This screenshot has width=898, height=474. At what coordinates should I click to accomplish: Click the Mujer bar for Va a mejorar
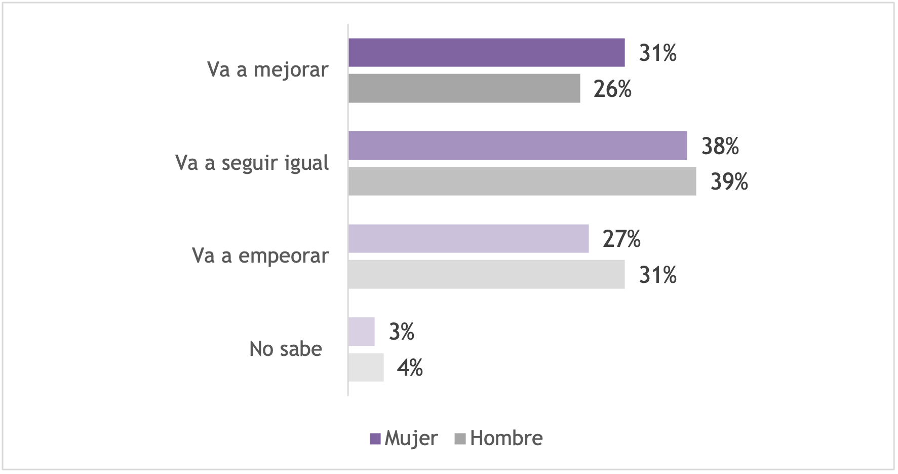[x=486, y=53]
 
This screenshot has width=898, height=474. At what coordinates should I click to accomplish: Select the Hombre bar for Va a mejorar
[x=464, y=88]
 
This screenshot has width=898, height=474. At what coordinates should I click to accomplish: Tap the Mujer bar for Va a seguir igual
[x=518, y=145]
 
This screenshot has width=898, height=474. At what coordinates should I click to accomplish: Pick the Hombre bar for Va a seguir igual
[x=522, y=181]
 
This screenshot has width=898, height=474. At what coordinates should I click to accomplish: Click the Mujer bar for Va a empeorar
[x=468, y=238]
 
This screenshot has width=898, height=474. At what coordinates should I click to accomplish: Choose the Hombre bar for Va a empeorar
[x=486, y=274]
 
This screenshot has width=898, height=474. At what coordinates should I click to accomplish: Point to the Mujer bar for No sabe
[x=361, y=332]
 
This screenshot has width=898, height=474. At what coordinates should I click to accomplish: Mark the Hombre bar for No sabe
[x=366, y=368]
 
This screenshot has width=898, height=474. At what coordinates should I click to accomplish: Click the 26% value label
[x=612, y=89]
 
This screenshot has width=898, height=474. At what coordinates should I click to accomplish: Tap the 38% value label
[x=720, y=146]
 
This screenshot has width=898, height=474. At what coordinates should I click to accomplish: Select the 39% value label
[x=729, y=181]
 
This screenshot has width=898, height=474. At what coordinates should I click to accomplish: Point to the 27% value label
[x=621, y=239]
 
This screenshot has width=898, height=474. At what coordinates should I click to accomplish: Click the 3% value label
[x=401, y=332]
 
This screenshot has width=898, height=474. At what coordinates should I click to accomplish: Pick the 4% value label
[x=410, y=368]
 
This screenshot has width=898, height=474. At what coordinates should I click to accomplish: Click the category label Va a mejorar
[x=267, y=70]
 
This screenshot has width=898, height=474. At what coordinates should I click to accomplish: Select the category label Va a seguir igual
[x=252, y=163]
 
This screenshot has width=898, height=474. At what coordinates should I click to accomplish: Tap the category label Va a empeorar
[x=260, y=256]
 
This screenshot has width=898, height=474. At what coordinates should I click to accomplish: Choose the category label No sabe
[x=286, y=349]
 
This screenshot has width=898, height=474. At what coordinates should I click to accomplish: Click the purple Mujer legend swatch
[x=375, y=439]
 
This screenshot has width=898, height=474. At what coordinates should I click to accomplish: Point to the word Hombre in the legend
[x=506, y=438]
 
